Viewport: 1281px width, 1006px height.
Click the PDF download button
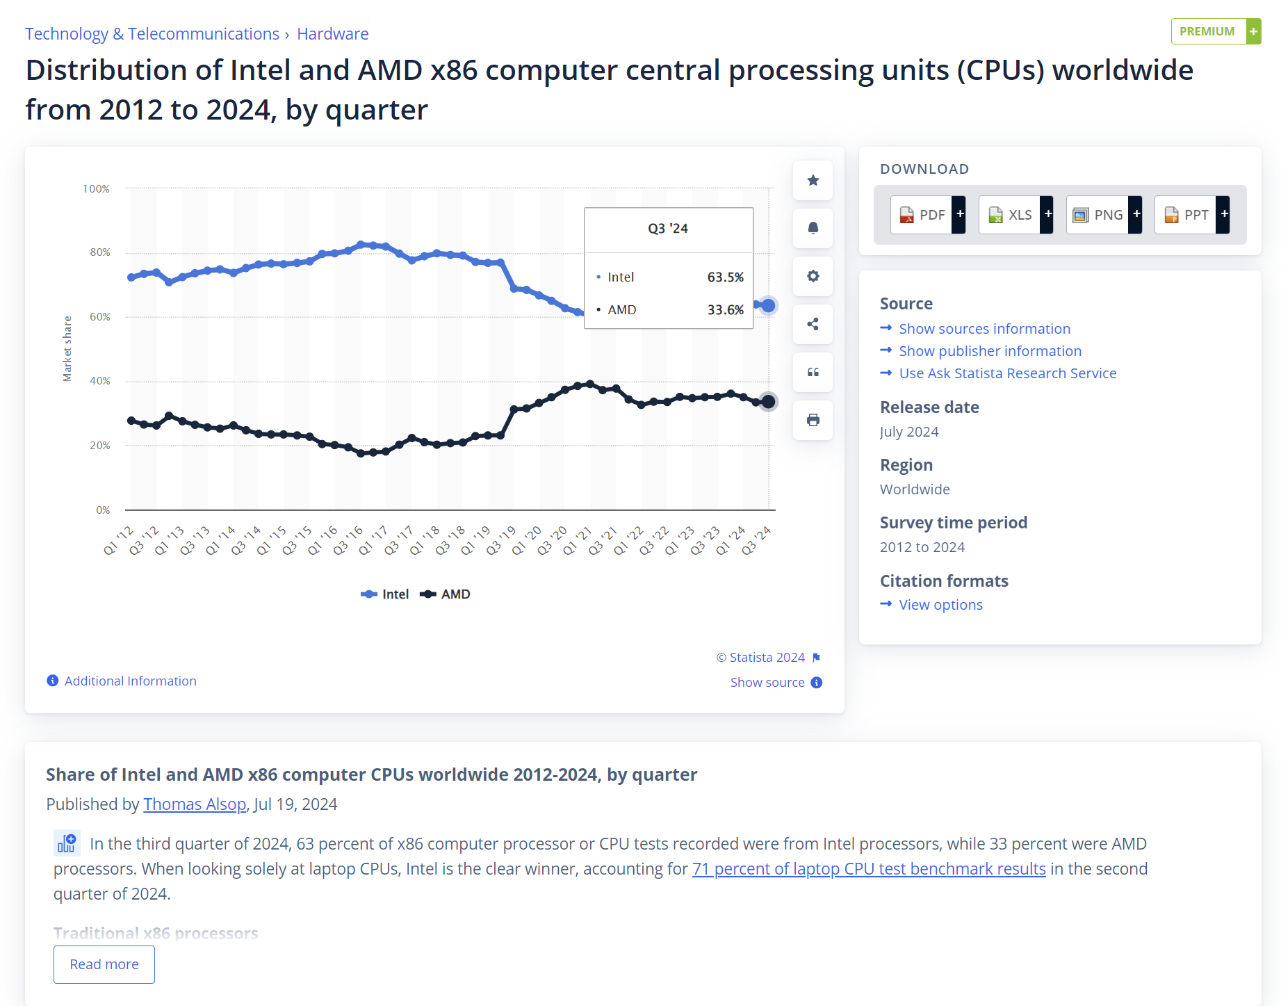point(927,215)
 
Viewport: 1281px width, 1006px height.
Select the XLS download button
point(1015,215)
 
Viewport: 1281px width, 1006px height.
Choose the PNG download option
point(1103,215)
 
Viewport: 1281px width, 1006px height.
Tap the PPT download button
point(1191,215)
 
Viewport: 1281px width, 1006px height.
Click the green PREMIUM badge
point(1215,31)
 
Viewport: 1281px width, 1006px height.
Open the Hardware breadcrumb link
point(332,34)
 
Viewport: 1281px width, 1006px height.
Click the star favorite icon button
point(813,181)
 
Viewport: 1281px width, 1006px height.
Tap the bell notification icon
point(813,228)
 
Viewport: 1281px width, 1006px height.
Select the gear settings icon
point(813,276)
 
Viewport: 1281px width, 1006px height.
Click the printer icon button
point(813,420)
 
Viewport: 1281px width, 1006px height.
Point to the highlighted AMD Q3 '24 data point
point(768,402)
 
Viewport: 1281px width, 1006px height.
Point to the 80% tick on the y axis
point(100,252)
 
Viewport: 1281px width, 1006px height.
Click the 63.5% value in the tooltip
point(725,277)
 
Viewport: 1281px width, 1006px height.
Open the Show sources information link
point(984,329)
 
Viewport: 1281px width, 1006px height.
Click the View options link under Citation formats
point(940,605)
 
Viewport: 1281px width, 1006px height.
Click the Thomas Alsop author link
point(195,804)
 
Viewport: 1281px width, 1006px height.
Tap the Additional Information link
point(130,681)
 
